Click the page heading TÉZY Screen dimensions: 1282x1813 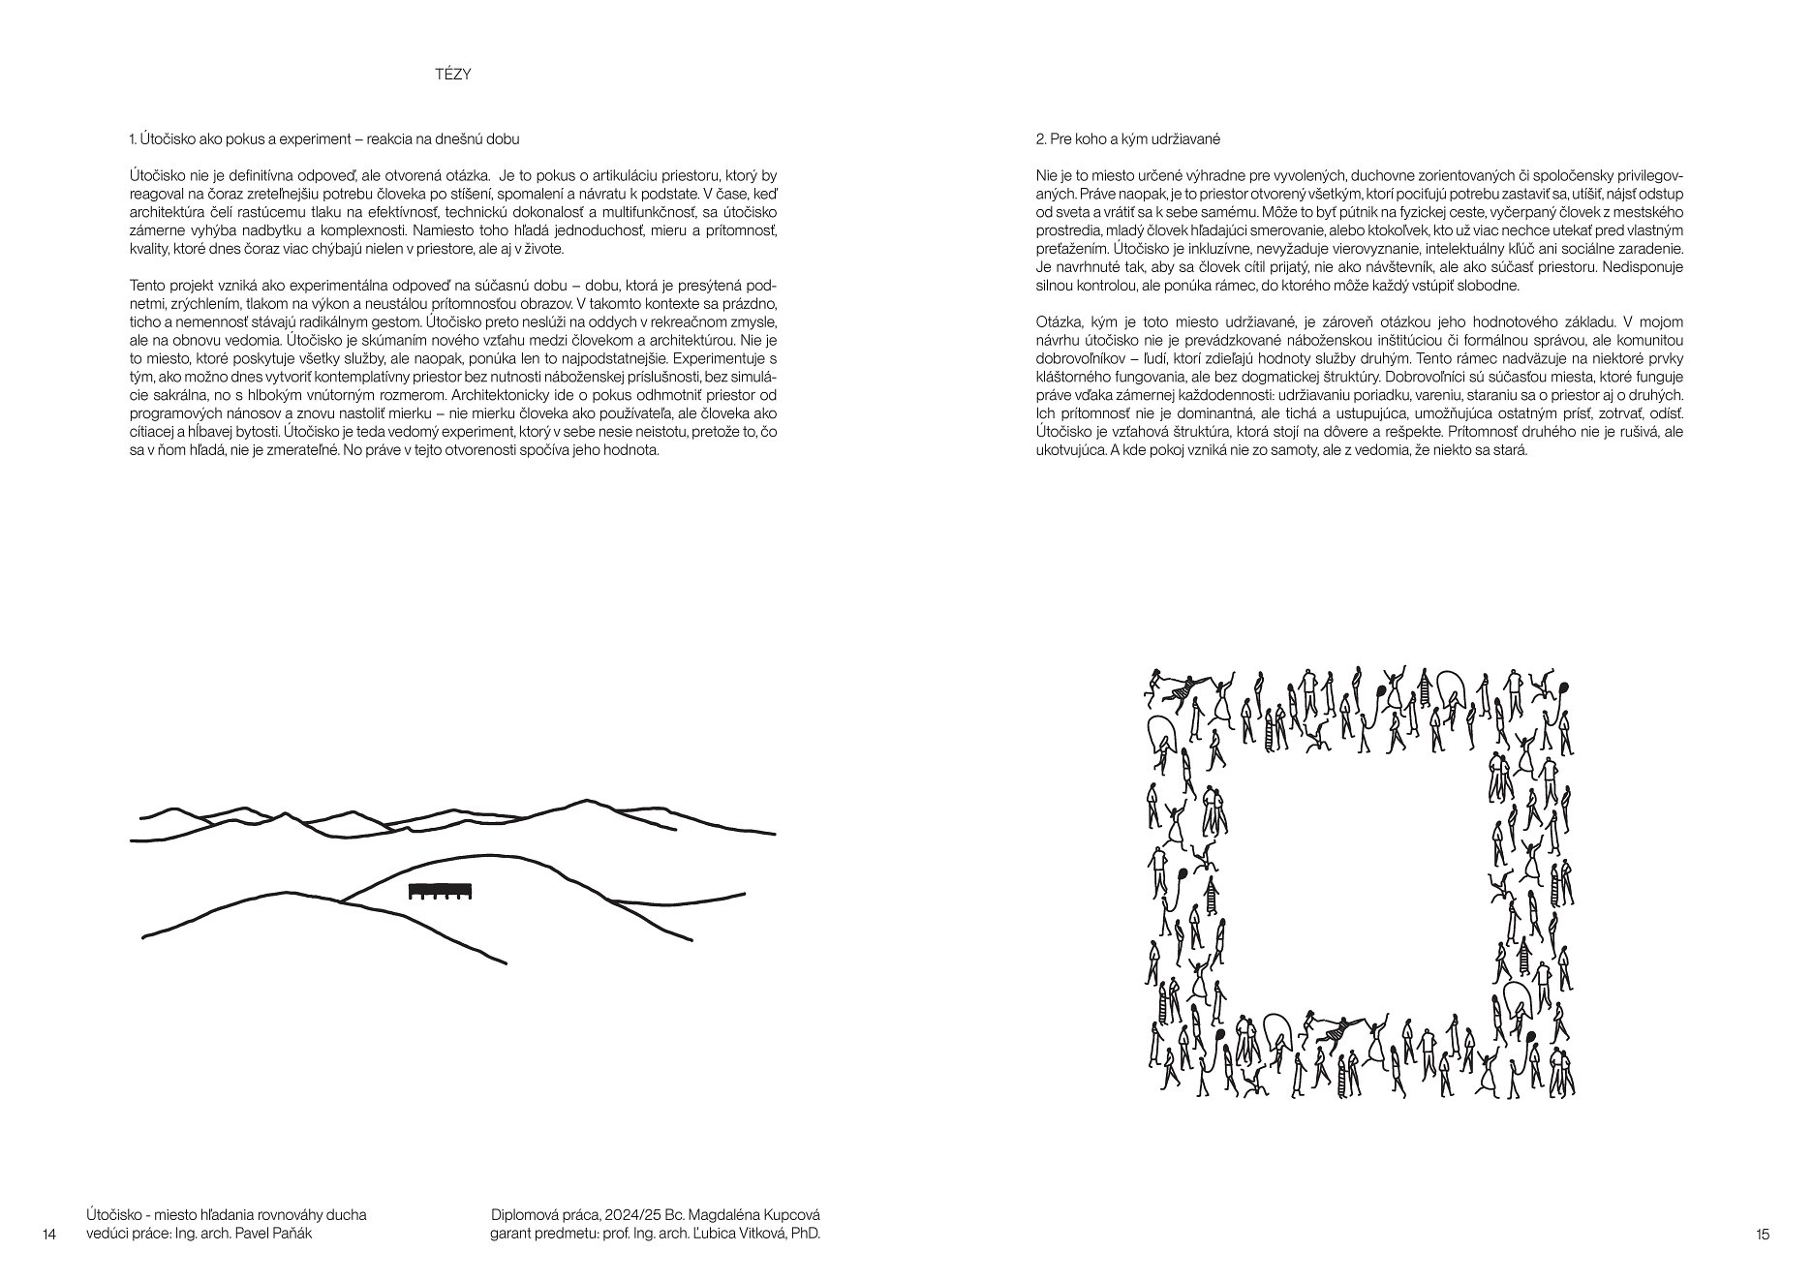453,75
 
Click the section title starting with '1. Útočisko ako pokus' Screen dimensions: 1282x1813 323,139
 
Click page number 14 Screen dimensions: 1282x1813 50,1234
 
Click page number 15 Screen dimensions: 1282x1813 1762,1234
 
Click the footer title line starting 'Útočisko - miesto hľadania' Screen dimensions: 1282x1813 226,1215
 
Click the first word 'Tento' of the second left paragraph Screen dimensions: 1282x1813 146,287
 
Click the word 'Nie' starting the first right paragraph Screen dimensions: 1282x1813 1046,175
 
